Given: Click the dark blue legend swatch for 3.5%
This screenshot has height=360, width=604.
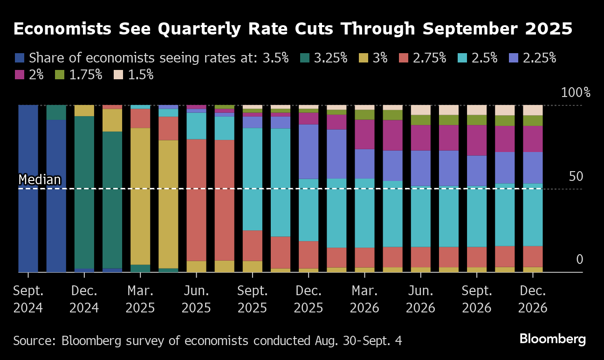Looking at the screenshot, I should click(x=20, y=58).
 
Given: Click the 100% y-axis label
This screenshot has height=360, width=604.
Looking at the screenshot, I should click(x=576, y=92).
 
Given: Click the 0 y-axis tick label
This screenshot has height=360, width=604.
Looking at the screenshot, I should click(x=579, y=259).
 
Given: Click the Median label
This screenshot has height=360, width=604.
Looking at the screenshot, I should click(x=40, y=180).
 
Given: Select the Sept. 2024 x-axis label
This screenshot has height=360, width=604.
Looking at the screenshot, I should click(x=28, y=299).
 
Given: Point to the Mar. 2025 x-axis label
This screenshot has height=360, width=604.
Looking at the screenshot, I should click(x=140, y=299).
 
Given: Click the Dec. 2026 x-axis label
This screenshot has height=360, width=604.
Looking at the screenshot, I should click(x=533, y=299).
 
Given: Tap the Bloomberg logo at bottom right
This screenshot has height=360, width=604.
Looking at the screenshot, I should click(x=552, y=339).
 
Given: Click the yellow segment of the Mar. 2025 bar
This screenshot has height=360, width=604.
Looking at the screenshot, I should click(x=140, y=196).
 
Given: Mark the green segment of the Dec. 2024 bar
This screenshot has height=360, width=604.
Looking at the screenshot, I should click(x=84, y=191).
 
